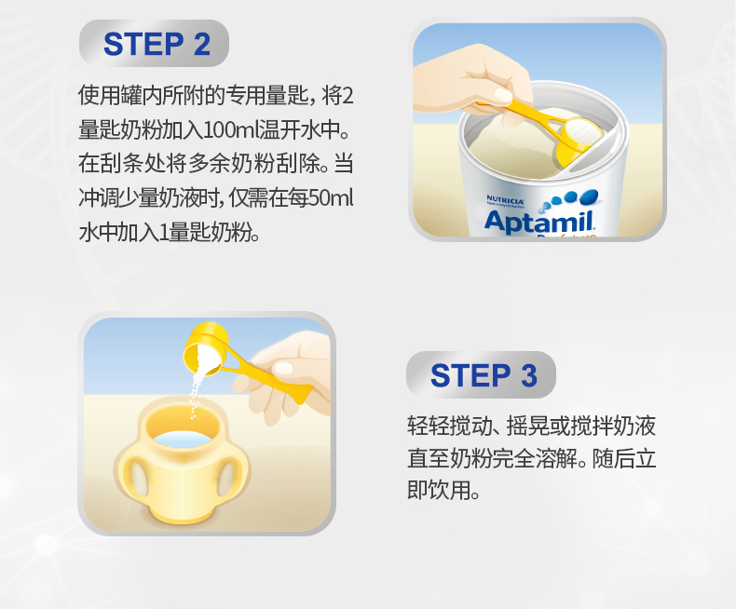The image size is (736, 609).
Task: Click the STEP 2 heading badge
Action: coord(154,43)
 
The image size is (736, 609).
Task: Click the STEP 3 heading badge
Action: coord(481,375)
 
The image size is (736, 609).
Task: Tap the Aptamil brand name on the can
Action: coord(539,222)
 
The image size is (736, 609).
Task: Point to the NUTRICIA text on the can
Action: coord(505,200)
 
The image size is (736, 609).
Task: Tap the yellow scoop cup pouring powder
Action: coord(206,348)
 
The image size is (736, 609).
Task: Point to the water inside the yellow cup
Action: coord(183,439)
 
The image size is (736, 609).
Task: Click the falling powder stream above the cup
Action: coord(196,394)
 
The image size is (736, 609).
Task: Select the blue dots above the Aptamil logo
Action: coord(570,199)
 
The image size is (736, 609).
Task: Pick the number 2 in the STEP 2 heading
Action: coord(202,45)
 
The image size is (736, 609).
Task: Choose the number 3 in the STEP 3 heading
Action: coord(529,376)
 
